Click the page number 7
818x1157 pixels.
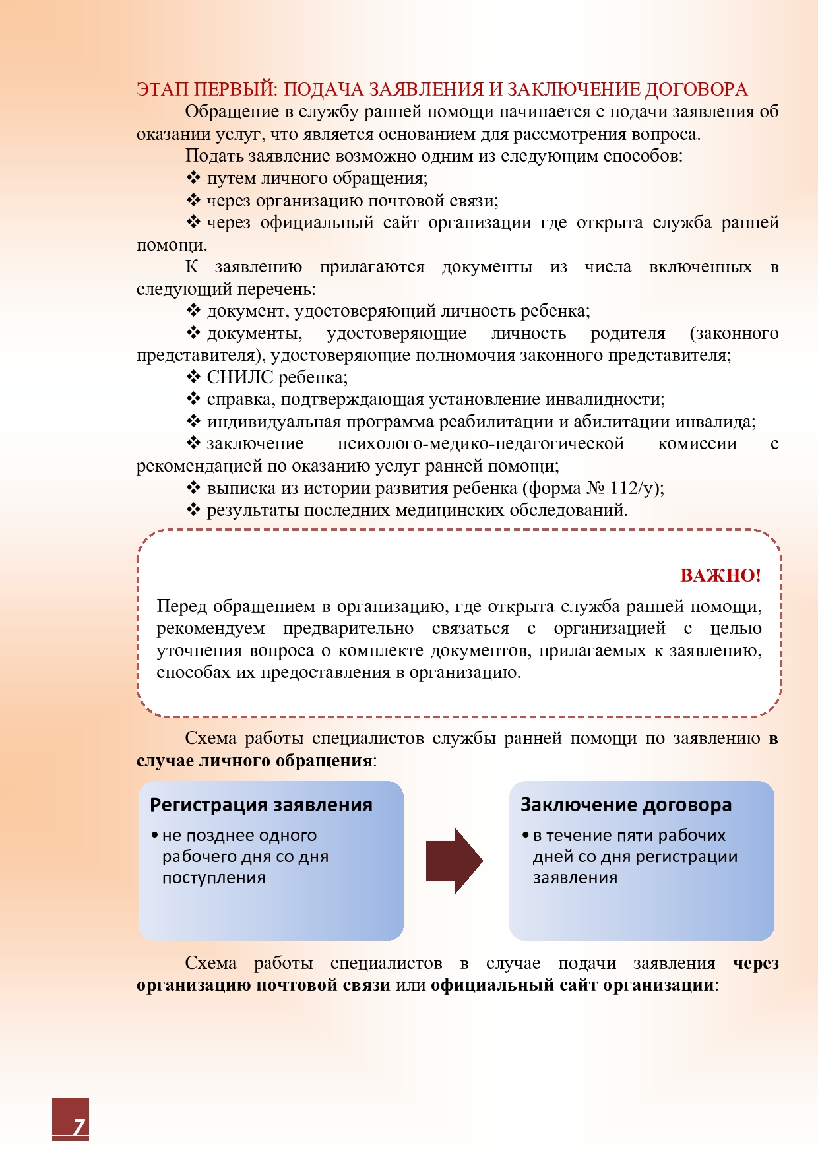tap(79, 1126)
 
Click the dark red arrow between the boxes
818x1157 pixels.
tap(454, 860)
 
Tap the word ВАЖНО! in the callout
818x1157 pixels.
tap(720, 575)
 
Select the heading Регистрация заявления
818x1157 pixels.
tap(261, 805)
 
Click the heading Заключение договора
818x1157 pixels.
tap(626, 805)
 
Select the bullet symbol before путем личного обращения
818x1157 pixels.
tap(193, 177)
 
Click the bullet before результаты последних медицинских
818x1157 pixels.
tap(193, 509)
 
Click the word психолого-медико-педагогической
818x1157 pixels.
tap(480, 443)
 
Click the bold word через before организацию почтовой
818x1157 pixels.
tap(756, 963)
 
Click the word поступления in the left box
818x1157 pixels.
tap(214, 878)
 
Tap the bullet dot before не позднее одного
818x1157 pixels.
tap(154, 836)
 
